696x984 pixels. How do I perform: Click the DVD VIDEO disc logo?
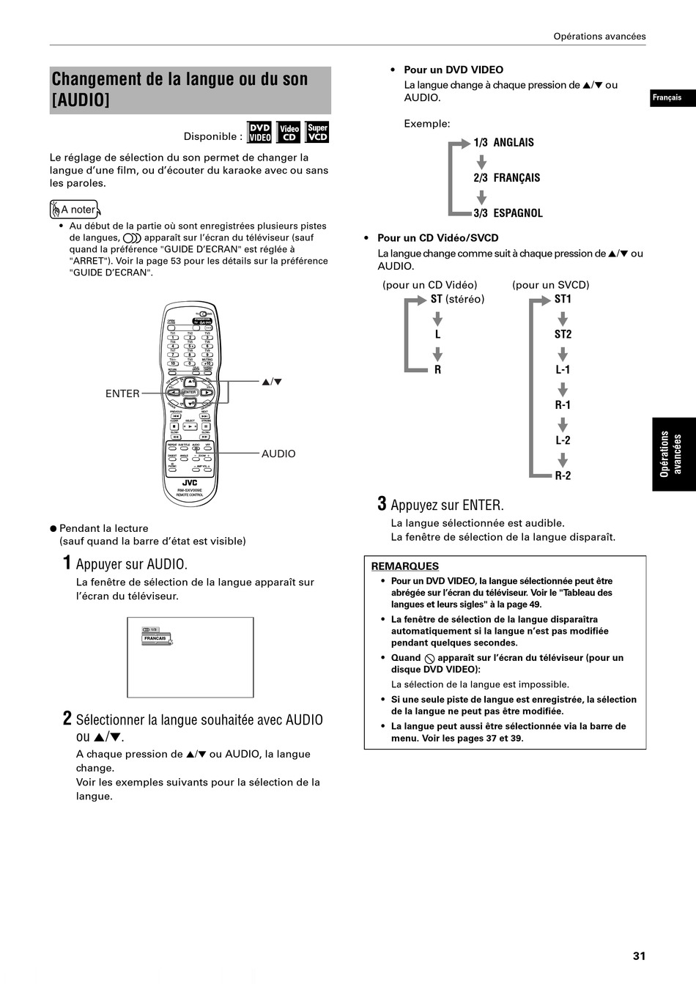[259, 132]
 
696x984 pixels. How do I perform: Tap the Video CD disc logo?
[289, 132]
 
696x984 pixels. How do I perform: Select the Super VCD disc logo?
[317, 132]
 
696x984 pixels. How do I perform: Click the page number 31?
[639, 955]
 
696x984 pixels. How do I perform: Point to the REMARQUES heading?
[404, 566]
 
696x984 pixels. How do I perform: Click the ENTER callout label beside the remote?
[122, 393]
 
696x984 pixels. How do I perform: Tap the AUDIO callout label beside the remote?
[278, 454]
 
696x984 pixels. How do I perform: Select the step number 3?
[382, 504]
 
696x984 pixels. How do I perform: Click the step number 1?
[67, 563]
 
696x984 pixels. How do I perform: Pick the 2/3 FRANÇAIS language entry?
[506, 177]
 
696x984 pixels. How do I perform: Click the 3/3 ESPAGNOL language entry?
[508, 213]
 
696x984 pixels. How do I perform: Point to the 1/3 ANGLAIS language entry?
[503, 142]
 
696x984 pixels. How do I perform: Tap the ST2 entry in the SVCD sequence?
[563, 334]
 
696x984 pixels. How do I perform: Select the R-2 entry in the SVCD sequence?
[563, 476]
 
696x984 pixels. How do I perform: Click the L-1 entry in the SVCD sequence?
[563, 370]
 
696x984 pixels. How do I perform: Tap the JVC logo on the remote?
[190, 482]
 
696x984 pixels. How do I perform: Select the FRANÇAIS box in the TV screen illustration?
[155, 638]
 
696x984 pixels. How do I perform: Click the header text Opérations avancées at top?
[599, 36]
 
